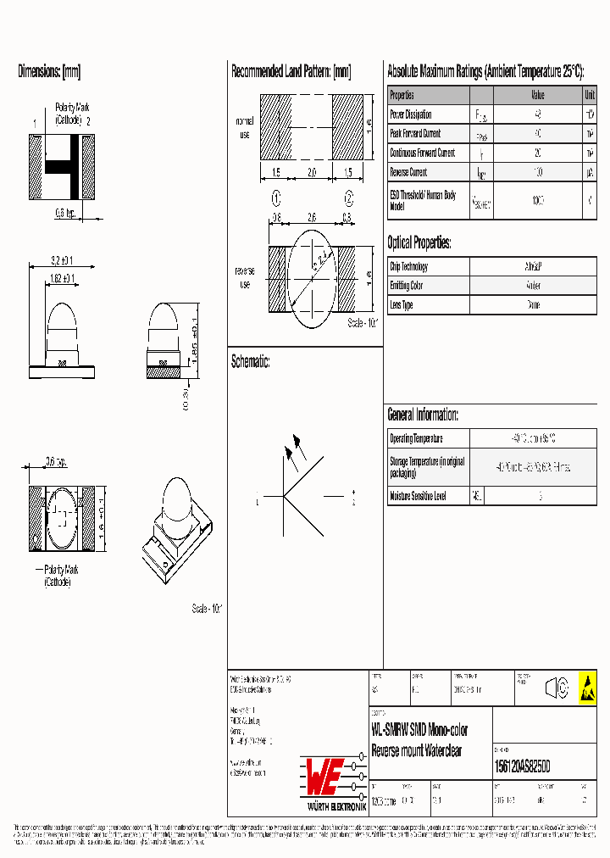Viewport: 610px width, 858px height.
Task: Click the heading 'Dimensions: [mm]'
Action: point(49,72)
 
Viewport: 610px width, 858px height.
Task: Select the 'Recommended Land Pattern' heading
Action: point(291,72)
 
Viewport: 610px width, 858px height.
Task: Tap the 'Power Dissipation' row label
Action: point(411,114)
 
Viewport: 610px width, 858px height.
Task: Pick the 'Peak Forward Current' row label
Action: point(415,134)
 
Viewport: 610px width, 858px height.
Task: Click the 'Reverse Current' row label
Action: point(408,172)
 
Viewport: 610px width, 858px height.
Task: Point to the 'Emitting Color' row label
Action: point(406,286)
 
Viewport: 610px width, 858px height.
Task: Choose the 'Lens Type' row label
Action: point(401,304)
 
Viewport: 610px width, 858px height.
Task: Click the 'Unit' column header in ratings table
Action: point(590,96)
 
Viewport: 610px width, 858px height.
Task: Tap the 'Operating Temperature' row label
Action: point(416,438)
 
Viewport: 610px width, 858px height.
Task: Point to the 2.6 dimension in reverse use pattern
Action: point(312,217)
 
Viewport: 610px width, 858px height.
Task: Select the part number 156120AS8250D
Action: point(522,766)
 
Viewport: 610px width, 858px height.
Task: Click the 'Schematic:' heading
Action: point(251,362)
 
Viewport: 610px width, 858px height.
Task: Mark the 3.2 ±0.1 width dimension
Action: point(61,260)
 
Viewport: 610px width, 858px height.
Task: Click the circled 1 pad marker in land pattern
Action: point(275,199)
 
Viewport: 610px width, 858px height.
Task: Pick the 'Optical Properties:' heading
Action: point(419,243)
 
